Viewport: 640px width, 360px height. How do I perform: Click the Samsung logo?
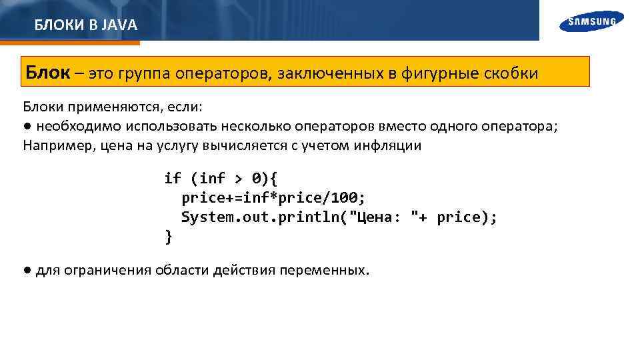[592, 22]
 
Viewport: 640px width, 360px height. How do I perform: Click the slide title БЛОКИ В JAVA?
[86, 25]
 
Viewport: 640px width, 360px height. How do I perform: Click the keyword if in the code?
[173, 179]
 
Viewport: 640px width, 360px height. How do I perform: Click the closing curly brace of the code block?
[169, 236]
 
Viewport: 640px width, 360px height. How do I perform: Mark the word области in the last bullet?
[182, 271]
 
